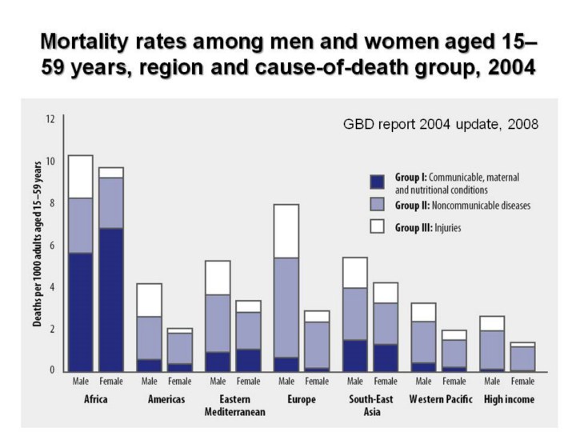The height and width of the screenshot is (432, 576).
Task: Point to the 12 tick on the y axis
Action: [x=50, y=119]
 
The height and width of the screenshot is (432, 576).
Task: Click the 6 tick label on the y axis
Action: [x=50, y=245]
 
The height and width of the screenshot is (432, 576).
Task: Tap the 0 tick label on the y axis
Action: [x=50, y=370]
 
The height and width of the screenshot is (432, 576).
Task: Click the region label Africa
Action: [x=97, y=398]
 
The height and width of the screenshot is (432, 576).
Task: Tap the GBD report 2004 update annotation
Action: [x=441, y=125]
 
